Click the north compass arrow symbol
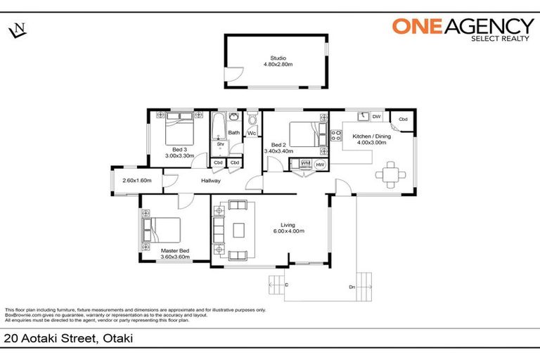click(17, 30)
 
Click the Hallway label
click(211, 181)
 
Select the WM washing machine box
click(305, 164)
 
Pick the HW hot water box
click(320, 165)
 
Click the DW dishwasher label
click(377, 117)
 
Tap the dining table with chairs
click(390, 172)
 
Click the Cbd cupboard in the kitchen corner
click(403, 119)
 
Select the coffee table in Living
click(240, 230)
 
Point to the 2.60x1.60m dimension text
click(137, 181)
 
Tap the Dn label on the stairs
click(351, 287)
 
